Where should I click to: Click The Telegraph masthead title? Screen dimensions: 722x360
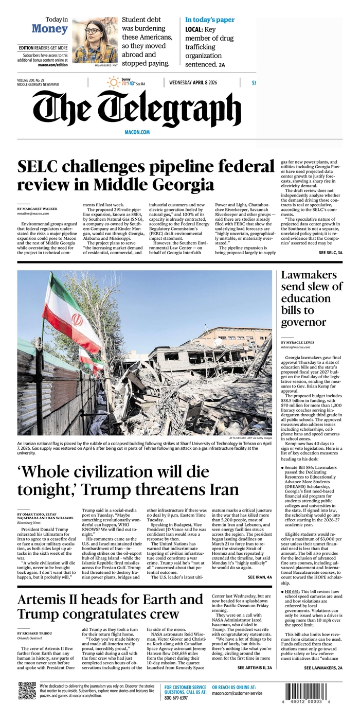pyautogui.click(x=137, y=109)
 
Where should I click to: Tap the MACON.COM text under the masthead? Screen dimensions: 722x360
pyautogui.click(x=137, y=132)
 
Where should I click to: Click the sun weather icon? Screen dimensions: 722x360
pyautogui.click(x=113, y=82)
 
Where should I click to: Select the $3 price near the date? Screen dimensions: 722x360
pyautogui.click(x=254, y=83)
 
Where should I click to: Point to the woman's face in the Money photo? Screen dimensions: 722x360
pyautogui.click(x=92, y=31)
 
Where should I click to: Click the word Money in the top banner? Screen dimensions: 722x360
pyautogui.click(x=49, y=29)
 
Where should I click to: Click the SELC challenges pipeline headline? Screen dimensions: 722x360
pyautogui.click(x=146, y=175)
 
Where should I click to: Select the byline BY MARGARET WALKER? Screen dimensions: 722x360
pyautogui.click(x=37, y=209)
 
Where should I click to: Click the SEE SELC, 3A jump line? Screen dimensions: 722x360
pyautogui.click(x=330, y=253)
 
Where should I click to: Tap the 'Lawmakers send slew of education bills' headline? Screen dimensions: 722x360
pyautogui.click(x=311, y=298)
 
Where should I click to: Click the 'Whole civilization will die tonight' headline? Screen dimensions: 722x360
pyautogui.click(x=128, y=480)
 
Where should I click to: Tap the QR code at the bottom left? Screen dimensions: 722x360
pyautogui.click(x=27, y=690)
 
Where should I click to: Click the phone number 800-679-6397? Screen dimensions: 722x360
pyautogui.click(x=176, y=698)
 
